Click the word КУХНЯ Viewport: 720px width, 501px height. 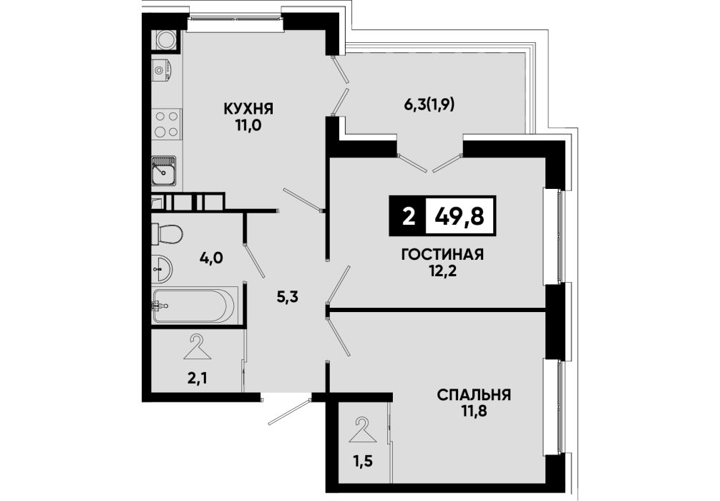pos(248,109)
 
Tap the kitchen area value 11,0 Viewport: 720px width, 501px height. pos(248,125)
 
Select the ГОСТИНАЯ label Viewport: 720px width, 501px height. pos(442,254)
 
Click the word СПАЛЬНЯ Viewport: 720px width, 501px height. pos(474,394)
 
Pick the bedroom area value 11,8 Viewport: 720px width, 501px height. pos(474,411)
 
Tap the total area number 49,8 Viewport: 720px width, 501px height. pos(461,215)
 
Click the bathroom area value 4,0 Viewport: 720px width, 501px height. pos(211,258)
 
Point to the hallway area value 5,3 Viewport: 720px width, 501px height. pos(288,297)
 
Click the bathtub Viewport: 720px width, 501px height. pos(195,305)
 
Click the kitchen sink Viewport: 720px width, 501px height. pos(164,170)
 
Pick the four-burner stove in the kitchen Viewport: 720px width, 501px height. pos(166,124)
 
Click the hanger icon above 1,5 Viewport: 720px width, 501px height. pos(363,430)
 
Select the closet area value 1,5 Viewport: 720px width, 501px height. pos(363,461)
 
